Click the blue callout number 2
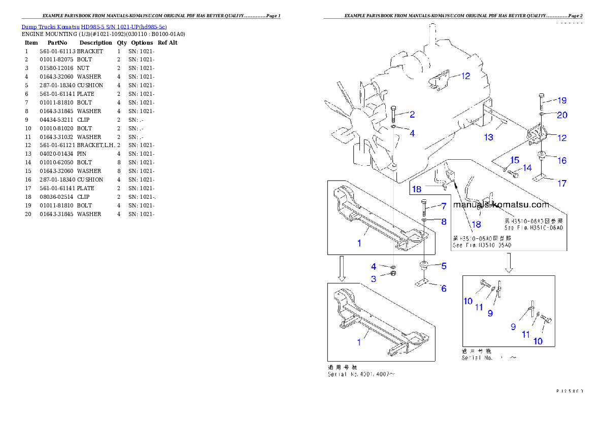413,115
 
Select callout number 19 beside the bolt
562,100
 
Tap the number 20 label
562,115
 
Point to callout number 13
488,137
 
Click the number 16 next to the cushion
562,161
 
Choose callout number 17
562,184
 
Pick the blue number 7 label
443,206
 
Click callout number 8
443,222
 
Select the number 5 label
443,266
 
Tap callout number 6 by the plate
443,289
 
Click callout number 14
527,168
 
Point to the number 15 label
514,160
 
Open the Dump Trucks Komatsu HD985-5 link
94,27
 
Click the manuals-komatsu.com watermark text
501,205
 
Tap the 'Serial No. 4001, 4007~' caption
361,375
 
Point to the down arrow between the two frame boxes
342,268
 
